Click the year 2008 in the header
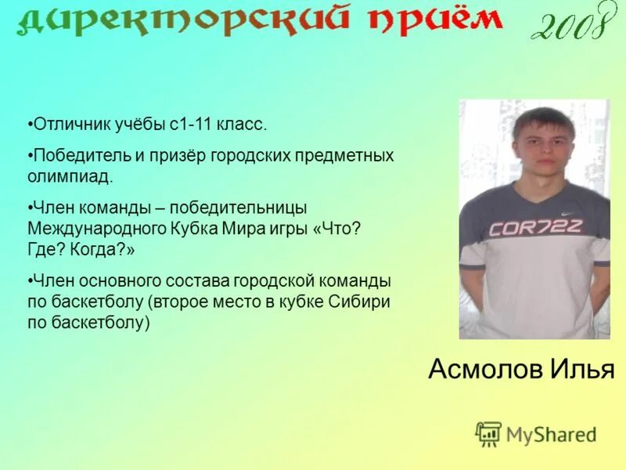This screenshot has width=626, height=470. [569, 24]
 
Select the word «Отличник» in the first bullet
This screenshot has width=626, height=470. [65, 125]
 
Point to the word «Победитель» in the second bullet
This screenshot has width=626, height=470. [74, 155]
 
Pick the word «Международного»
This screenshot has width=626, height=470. [97, 229]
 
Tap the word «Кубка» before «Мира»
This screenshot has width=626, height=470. [192, 229]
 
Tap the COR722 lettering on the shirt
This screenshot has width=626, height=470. [535, 228]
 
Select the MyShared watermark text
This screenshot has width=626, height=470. [551, 434]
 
